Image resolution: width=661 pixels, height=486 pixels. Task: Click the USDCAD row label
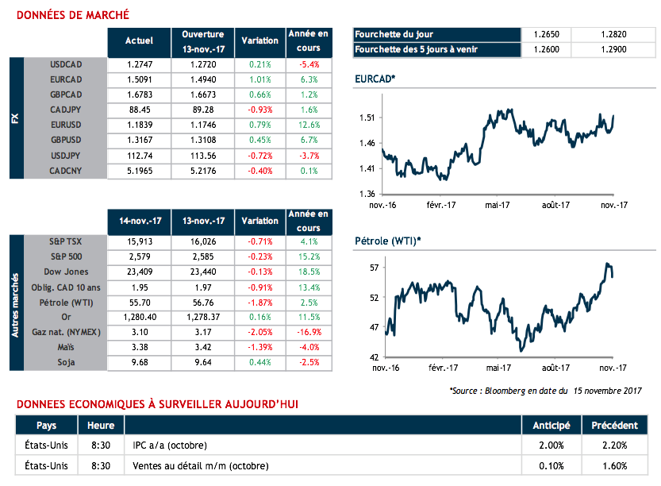pyautogui.click(x=66, y=64)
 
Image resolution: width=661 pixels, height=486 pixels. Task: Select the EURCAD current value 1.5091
pyautogui.click(x=139, y=79)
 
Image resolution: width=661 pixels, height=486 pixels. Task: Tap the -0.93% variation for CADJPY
pyautogui.click(x=260, y=110)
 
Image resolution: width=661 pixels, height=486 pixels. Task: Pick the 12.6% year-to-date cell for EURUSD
pyautogui.click(x=309, y=125)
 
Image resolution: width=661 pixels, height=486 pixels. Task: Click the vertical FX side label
pyautogui.click(x=16, y=118)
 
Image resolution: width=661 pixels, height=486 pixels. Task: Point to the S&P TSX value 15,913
pyautogui.click(x=139, y=241)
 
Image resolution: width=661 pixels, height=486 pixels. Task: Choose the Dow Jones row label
pyautogui.click(x=66, y=272)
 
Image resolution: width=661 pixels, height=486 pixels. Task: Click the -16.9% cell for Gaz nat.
pyautogui.click(x=309, y=332)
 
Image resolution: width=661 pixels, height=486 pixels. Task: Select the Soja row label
pyautogui.click(x=66, y=362)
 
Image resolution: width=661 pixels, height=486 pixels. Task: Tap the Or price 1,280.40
pyautogui.click(x=139, y=317)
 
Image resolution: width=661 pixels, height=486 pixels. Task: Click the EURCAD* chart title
pyautogui.click(x=375, y=79)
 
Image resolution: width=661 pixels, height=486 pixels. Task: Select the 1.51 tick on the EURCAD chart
pyautogui.click(x=366, y=118)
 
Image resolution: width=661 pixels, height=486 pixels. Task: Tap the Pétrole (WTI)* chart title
pyautogui.click(x=387, y=241)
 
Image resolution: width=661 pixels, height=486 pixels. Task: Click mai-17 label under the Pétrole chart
pyautogui.click(x=499, y=368)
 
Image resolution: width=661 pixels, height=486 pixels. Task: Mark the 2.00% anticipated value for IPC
pyautogui.click(x=551, y=445)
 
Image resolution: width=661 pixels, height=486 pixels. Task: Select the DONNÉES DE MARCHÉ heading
pyautogui.click(x=73, y=15)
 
